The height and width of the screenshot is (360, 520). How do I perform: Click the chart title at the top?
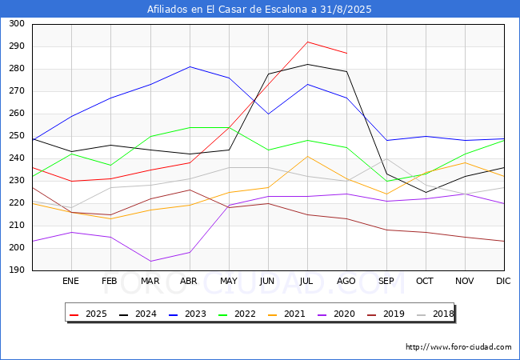tap(259, 10)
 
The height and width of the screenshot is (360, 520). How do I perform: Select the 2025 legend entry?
tap(88, 314)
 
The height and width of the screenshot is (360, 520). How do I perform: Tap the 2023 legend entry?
tap(187, 314)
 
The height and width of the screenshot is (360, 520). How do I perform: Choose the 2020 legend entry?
tap(336, 314)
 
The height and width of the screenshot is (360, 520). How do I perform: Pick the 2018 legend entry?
tap(435, 314)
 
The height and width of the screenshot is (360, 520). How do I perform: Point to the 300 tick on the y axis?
tap(17, 23)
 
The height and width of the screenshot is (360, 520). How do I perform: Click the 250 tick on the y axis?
tap(17, 135)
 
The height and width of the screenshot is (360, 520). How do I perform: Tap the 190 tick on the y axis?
tap(17, 270)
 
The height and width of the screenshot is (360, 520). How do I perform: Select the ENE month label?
tap(70, 281)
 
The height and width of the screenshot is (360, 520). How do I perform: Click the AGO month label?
tap(346, 281)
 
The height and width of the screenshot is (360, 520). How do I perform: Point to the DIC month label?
tap(503, 281)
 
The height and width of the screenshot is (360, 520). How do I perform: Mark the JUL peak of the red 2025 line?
tap(308, 42)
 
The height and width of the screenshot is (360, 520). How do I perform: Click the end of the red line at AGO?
tap(347, 53)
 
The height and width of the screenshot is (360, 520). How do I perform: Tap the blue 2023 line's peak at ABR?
tap(190, 66)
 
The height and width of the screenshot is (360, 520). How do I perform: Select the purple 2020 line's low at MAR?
tap(150, 262)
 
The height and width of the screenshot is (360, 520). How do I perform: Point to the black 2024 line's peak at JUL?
tap(308, 64)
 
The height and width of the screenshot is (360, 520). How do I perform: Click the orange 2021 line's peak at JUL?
tap(308, 156)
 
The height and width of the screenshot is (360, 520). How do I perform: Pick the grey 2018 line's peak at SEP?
tap(386, 158)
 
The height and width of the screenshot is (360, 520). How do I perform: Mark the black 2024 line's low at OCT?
tap(426, 192)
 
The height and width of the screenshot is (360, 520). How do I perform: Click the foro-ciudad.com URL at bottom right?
tap(458, 347)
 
